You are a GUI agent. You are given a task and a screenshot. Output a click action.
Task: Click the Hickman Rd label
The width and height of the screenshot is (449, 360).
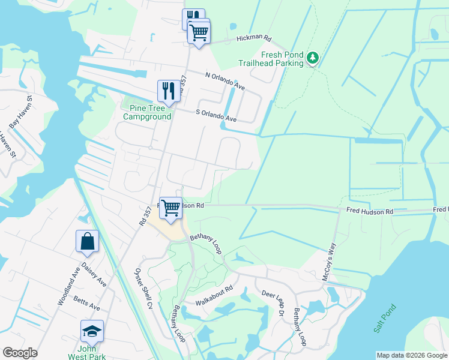[x=254, y=38]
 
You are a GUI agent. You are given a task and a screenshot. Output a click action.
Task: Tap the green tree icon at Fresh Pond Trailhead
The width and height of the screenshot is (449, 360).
[x=312, y=58]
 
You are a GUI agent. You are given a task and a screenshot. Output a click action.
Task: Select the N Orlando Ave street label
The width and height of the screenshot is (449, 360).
[x=226, y=82]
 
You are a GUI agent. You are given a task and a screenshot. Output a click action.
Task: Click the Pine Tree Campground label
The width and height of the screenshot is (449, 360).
[x=147, y=112]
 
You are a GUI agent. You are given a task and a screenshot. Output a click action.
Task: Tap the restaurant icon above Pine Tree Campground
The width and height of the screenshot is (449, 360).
[x=166, y=91]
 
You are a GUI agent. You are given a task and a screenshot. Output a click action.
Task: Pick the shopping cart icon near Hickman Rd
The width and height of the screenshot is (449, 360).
[x=199, y=32]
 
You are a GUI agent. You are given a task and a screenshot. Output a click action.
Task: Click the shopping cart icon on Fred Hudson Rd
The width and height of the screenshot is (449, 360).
[x=171, y=208]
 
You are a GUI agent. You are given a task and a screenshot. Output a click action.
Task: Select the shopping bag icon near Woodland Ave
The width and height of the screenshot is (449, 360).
[x=87, y=241]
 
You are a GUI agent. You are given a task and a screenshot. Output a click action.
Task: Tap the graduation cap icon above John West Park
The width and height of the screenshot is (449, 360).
[x=92, y=331]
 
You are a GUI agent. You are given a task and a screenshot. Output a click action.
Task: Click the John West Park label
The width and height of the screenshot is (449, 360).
[x=92, y=352]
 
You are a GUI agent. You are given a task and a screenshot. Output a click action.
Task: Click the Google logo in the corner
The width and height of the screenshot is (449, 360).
[x=20, y=353]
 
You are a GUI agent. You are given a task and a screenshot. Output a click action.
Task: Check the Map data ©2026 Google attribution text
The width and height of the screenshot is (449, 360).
[x=411, y=355]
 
